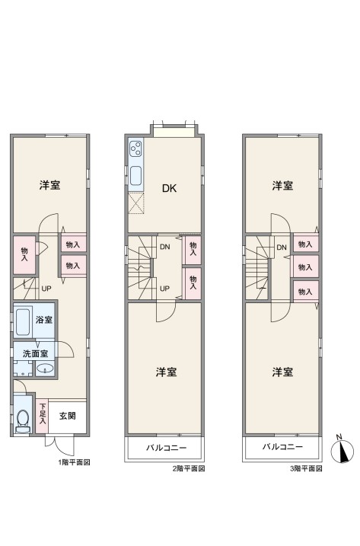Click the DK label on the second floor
click(x=169, y=188)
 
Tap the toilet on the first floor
click(x=23, y=420)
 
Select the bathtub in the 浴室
click(x=23, y=320)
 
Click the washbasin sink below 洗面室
click(x=45, y=369)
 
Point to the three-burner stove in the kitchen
click(x=135, y=149)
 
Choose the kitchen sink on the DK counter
click(x=135, y=175)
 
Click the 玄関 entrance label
click(x=67, y=416)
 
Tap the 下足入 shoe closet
click(x=42, y=416)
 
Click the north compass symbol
click(x=342, y=451)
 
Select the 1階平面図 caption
click(x=74, y=462)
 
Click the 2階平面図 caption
click(x=189, y=468)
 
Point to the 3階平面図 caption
click(x=307, y=468)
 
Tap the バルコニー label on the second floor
click(x=167, y=448)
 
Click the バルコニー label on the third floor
click(x=282, y=447)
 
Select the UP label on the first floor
click(x=46, y=289)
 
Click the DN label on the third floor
click(x=282, y=247)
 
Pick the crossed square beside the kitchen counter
click(x=135, y=203)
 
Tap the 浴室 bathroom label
click(x=44, y=319)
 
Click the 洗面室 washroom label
click(x=36, y=354)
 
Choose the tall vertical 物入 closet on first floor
click(x=24, y=255)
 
